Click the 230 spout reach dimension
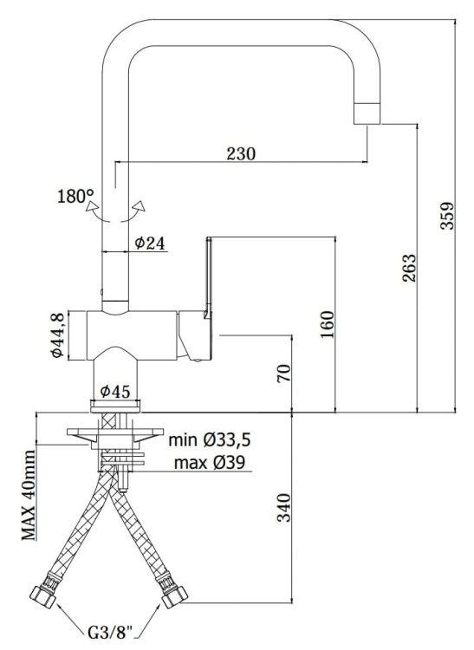click(241, 153)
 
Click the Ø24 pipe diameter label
click(150, 244)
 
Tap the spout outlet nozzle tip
click(368, 113)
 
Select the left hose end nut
click(42, 599)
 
